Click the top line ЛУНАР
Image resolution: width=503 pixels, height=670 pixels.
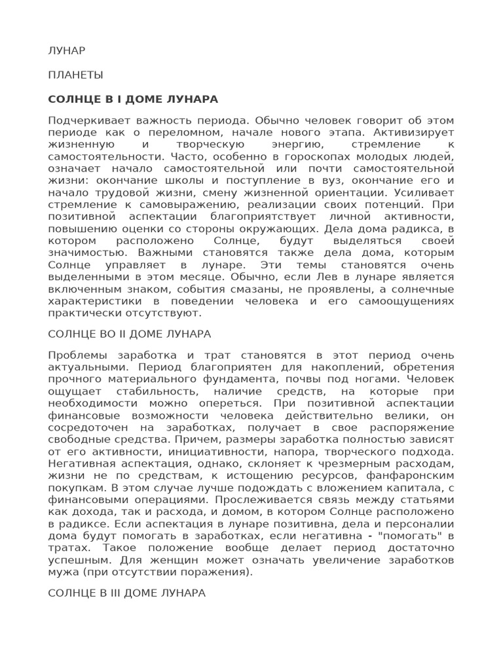pyautogui.click(x=67, y=50)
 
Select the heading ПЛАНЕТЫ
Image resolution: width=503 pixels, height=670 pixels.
pyautogui.click(x=75, y=75)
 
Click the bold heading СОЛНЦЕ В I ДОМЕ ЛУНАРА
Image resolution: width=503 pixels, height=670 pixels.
pyautogui.click(x=133, y=99)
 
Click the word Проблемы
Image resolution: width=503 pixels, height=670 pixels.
pyautogui.click(x=75, y=355)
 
